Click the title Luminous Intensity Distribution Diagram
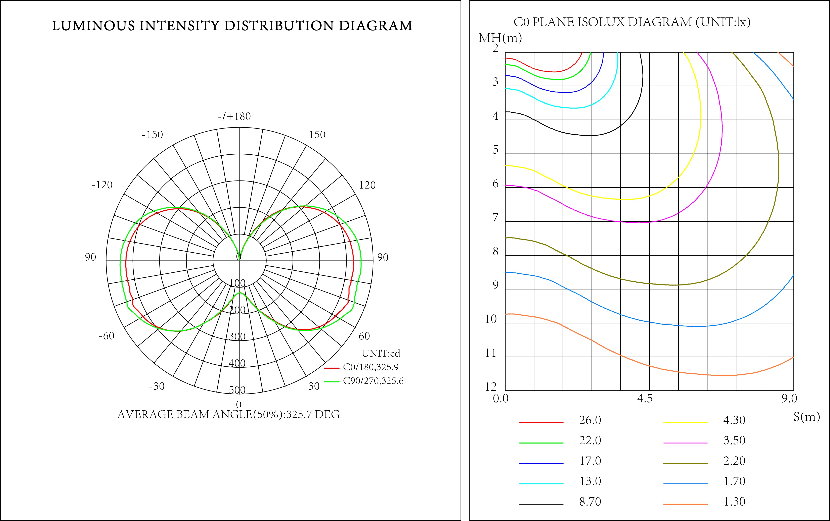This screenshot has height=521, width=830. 232,26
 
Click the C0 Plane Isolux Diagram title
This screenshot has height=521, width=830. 632,22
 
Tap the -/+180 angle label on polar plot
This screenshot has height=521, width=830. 234,117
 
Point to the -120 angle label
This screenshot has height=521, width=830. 102,185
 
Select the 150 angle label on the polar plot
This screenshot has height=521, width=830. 317,135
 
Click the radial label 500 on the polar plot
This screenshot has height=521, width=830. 237,390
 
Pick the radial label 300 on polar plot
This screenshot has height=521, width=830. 237,336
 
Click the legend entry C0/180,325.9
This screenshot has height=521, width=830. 370,367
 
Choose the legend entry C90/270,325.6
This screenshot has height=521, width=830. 373,381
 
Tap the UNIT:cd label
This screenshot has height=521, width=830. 381,353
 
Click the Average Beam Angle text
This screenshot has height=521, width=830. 228,414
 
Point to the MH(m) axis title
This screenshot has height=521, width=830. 500,38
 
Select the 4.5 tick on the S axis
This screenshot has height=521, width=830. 645,399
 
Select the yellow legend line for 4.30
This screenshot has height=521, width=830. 685,422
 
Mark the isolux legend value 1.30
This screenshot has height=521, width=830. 734,502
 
